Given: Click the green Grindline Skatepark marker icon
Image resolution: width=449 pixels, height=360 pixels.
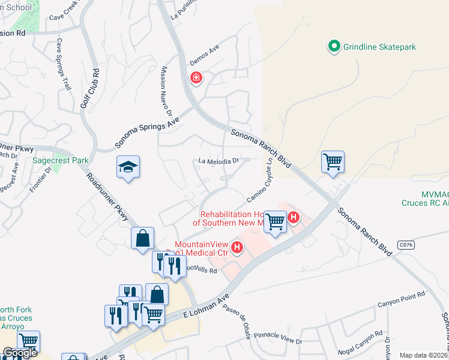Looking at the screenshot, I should [x=334, y=46].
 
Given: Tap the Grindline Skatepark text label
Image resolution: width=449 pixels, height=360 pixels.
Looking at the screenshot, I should [x=379, y=46].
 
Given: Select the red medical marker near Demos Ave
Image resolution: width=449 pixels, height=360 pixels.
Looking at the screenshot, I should [x=196, y=78].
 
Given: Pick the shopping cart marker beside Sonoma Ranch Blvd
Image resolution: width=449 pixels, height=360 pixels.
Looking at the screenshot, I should [x=333, y=161].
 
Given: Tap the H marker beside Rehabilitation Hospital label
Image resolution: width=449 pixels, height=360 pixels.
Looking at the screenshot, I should [x=293, y=217].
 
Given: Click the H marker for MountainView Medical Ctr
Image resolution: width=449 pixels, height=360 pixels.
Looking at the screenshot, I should [x=238, y=247].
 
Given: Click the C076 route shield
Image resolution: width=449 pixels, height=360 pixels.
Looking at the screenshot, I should [x=406, y=245].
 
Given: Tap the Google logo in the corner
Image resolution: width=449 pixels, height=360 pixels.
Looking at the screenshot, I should [x=20, y=353].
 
